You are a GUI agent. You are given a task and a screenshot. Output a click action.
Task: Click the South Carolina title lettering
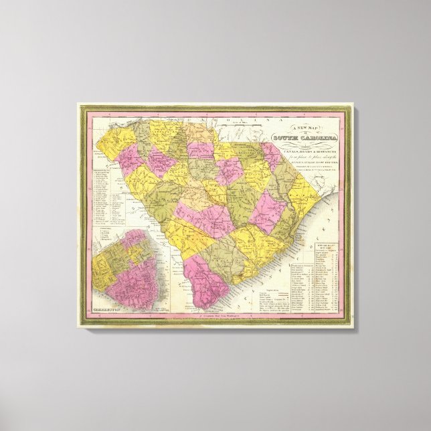click(303, 139)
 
